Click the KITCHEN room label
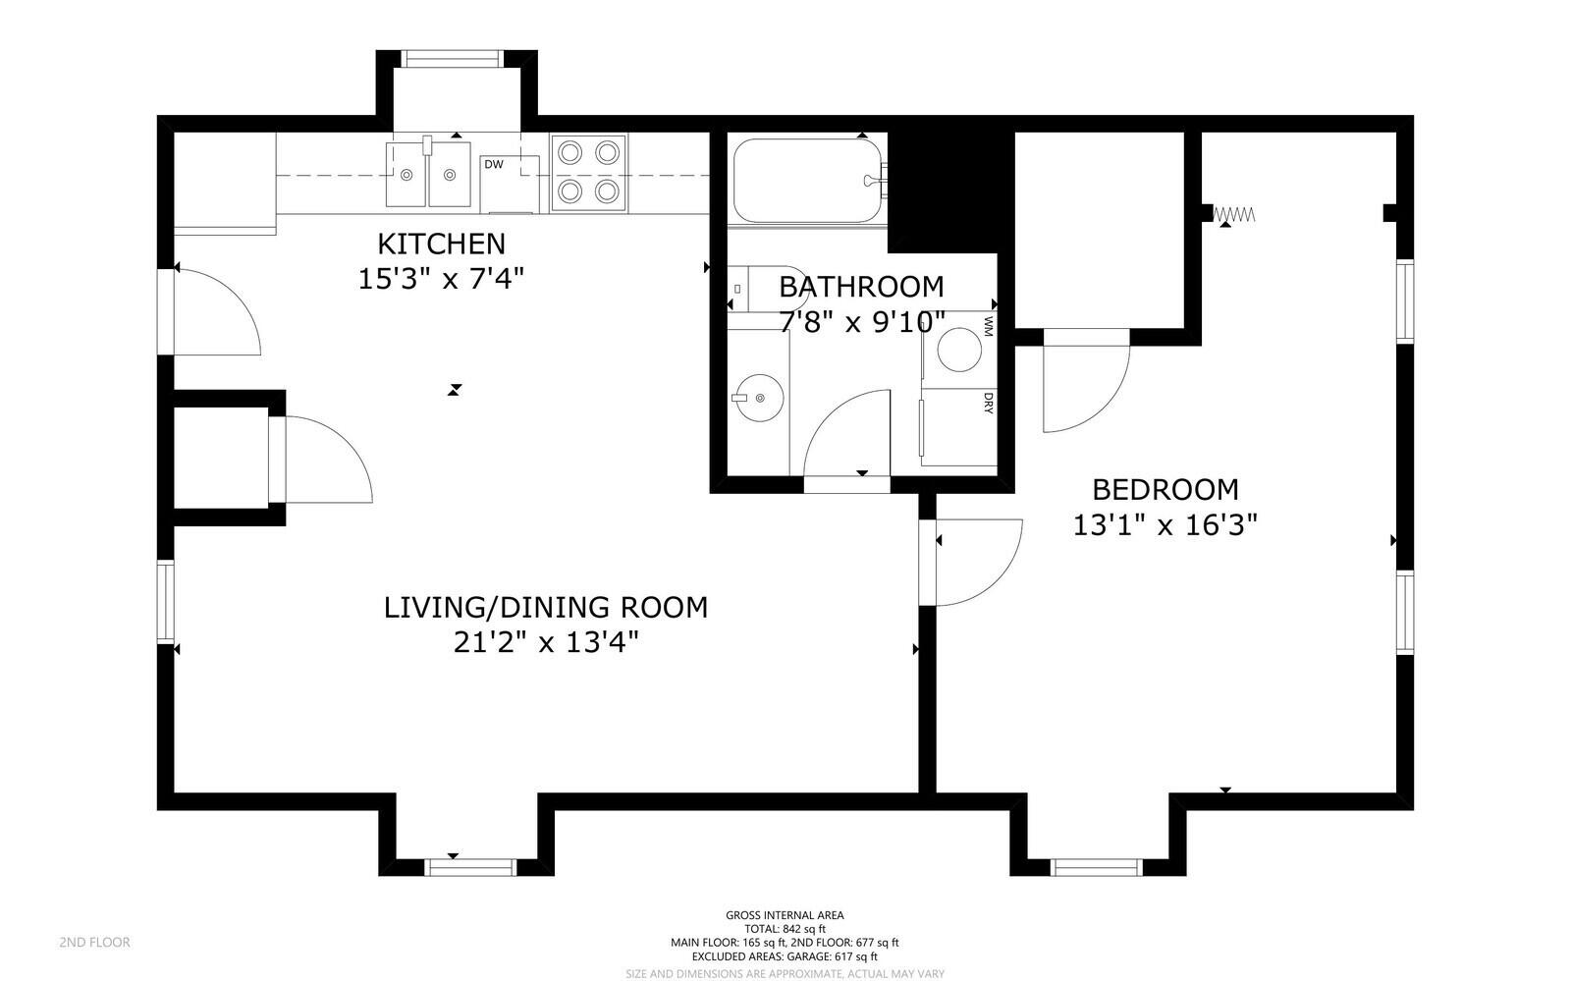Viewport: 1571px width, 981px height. (x=442, y=244)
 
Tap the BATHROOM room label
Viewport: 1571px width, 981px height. (x=861, y=287)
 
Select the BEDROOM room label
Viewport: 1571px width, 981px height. (x=1165, y=489)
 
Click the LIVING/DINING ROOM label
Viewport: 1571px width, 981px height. (x=545, y=608)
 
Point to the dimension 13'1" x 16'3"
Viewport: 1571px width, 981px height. (x=1165, y=525)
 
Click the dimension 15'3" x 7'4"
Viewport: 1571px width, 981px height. (x=442, y=279)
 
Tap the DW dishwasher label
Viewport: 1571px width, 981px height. (x=493, y=164)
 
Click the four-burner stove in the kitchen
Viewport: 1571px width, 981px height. (x=589, y=172)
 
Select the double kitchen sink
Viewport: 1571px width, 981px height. (x=428, y=174)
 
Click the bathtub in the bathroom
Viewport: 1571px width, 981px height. (x=807, y=180)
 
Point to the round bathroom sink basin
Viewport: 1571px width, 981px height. (x=758, y=398)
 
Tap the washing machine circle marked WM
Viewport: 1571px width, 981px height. (x=958, y=350)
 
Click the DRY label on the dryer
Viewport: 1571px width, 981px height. (x=988, y=404)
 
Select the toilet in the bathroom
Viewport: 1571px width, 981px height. (x=771, y=289)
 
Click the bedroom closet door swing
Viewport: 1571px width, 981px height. (x=1085, y=383)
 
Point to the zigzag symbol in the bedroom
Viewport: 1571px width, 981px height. (x=1234, y=213)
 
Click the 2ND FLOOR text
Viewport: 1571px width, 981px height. (x=94, y=942)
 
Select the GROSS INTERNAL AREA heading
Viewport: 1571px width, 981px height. (x=785, y=915)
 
